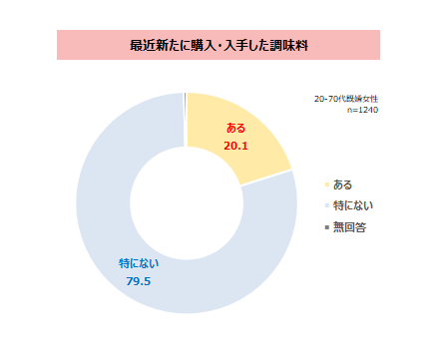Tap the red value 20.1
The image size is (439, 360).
click(236, 146)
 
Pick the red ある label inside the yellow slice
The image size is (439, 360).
click(236, 129)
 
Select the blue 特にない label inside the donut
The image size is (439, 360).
click(139, 263)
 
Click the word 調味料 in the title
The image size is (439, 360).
click(288, 46)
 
